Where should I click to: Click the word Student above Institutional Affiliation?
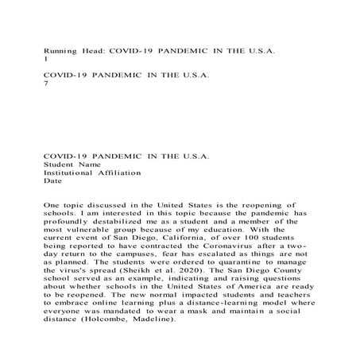click(60, 163)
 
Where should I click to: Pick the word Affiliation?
click(119, 172)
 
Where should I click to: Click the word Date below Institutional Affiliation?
click(52, 180)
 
